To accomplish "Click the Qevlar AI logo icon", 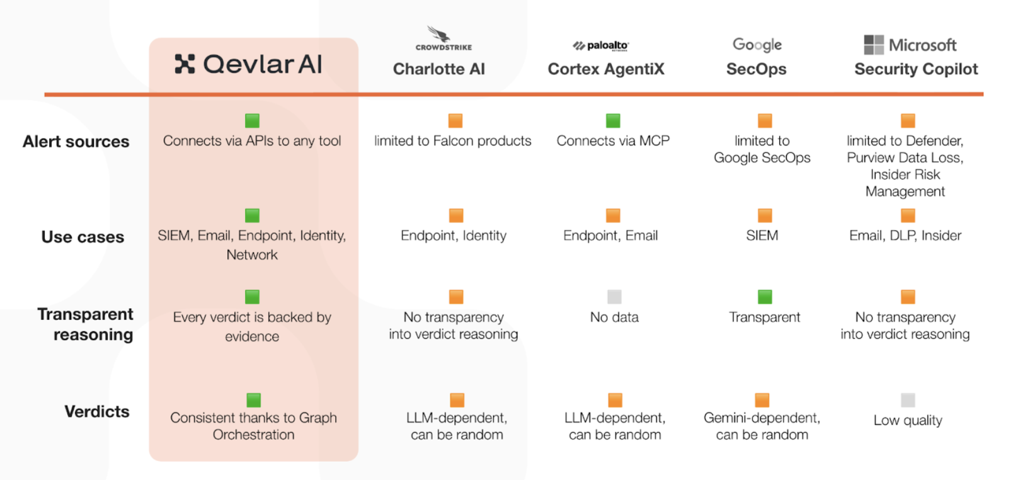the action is tap(185, 64).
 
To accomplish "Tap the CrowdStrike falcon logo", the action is tap(439, 34).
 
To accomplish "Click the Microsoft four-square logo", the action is tap(874, 45).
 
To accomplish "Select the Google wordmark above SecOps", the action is tap(757, 45).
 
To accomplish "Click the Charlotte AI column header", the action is tap(439, 69).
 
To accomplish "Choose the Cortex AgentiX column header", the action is tap(606, 69).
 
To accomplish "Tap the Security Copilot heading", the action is tap(916, 69).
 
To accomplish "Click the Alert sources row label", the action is tap(76, 142).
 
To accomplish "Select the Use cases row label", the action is tap(83, 237).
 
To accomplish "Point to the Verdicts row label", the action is tap(97, 411).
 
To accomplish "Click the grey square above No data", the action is tap(614, 297).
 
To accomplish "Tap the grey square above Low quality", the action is tap(908, 400).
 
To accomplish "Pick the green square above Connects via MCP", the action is tap(613, 120).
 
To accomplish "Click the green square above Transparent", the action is tap(765, 297).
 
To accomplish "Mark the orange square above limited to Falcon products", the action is tap(455, 120).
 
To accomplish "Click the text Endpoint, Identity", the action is tap(454, 236).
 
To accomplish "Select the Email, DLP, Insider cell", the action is tap(905, 236).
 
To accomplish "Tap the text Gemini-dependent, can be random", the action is tap(762, 426).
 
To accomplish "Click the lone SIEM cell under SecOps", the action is tap(762, 236).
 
